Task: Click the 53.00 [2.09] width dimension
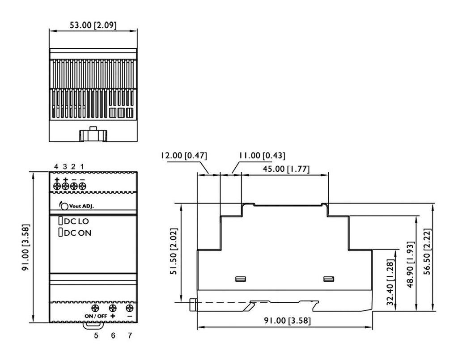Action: coord(93,25)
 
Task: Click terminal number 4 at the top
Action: coord(56,167)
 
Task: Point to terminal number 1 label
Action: coord(82,167)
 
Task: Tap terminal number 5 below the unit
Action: coord(96,335)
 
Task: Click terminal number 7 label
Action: coord(130,335)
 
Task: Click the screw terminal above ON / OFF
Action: coord(95,308)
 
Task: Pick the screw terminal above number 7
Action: coord(130,308)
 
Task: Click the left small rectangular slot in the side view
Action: coord(241,280)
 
